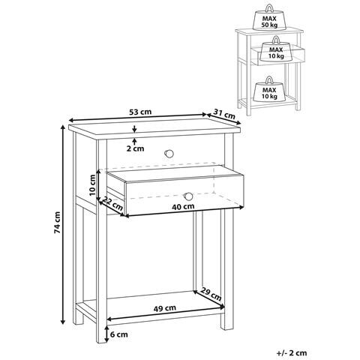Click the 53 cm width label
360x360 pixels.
coord(140,112)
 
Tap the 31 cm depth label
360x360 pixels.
coord(224,114)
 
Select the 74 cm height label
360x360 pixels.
coord(57,223)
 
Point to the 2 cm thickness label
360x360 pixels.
coord(135,148)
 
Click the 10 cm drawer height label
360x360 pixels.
coord(92,185)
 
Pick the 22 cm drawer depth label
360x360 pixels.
coord(112,203)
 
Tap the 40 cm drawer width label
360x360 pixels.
coord(183,206)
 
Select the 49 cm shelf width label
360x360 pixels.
coord(164,308)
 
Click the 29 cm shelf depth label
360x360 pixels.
coord(211,294)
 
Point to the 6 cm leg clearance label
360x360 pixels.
coord(119,334)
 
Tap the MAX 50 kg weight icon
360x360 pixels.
coord(268,17)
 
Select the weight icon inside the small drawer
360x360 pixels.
coord(276,49)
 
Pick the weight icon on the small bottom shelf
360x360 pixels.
coord(269,89)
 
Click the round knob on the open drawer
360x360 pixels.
coord(188,196)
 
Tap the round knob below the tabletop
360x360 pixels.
coord(169,154)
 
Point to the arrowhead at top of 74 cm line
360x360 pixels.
coord(63,127)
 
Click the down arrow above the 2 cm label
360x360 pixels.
coord(135,128)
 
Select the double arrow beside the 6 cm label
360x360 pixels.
coord(106,334)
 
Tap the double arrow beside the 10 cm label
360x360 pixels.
coord(99,185)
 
